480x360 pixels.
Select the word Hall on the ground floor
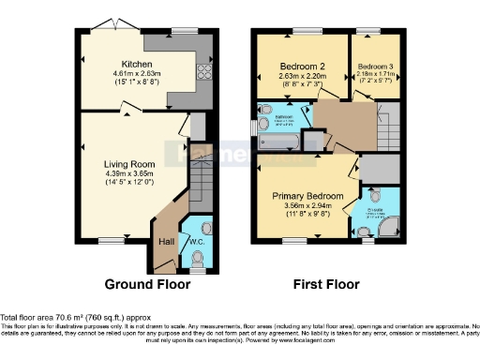click(x=165, y=242)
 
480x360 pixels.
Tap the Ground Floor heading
click(x=147, y=284)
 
